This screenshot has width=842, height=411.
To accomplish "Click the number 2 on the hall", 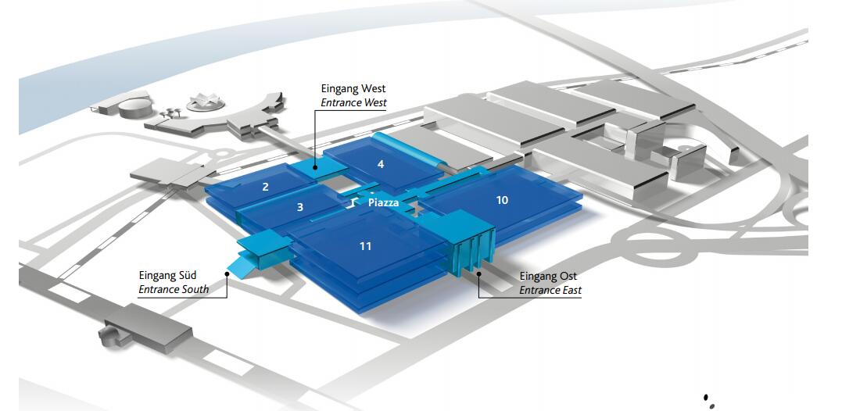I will click(266, 187).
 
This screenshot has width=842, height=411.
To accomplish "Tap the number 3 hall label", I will click(299, 207).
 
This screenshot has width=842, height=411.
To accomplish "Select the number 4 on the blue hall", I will click(381, 164).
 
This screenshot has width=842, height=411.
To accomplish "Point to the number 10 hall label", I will click(502, 200).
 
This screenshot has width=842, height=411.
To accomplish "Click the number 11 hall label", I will click(365, 246).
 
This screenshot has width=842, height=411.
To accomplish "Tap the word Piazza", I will click(383, 203).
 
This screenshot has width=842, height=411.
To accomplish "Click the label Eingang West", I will click(353, 89).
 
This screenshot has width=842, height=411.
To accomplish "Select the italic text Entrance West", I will click(353, 103).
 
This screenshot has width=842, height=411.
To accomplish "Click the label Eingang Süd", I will click(168, 275).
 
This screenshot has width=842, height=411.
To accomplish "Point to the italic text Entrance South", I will click(174, 290).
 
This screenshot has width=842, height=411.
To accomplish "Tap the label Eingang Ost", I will click(547, 277).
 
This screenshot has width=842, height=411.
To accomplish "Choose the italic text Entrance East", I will click(550, 291).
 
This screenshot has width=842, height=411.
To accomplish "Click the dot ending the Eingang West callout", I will click(315, 166).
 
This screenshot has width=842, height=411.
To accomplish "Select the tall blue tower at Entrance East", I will click(471, 247).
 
